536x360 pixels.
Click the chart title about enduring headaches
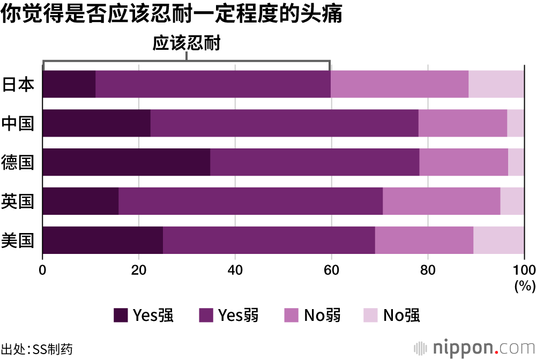(171, 14)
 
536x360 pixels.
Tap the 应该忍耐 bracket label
(187, 43)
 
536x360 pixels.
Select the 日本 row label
(18, 84)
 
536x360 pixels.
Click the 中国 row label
(18, 123)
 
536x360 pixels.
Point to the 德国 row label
(18, 162)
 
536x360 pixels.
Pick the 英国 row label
(18, 201)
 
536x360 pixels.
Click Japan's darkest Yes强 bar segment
(69, 84)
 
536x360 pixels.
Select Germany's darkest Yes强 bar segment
(126, 162)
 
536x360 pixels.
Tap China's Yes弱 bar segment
(284, 123)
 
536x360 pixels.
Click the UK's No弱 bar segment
(441, 201)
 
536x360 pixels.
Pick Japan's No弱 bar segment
(399, 84)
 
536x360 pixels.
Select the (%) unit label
(524, 286)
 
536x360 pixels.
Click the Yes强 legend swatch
(121, 316)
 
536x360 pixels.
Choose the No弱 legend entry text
(322, 316)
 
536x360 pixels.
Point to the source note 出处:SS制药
(36, 349)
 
